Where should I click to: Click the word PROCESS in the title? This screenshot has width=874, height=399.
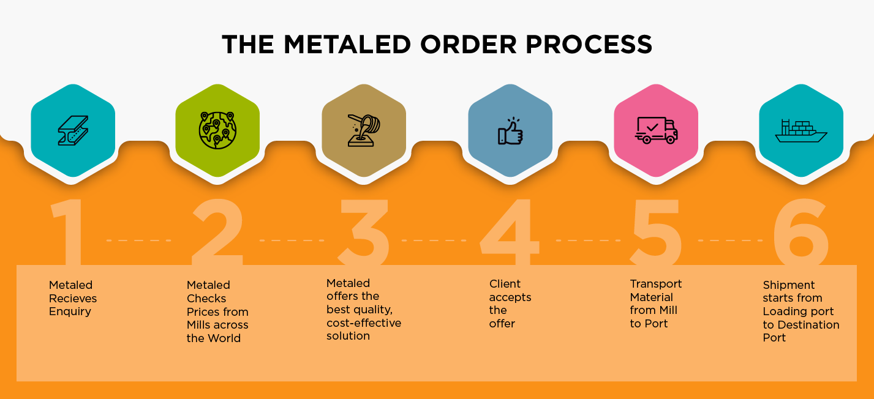point(589,45)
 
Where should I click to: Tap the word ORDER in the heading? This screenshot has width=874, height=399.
point(468,45)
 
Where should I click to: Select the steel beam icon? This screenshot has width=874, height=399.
point(73,131)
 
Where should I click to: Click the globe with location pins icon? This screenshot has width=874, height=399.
point(217,130)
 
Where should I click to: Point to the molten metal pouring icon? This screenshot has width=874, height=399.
point(364,131)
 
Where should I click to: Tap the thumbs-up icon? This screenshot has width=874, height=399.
point(510,131)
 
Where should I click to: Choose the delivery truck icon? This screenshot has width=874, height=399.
point(657,130)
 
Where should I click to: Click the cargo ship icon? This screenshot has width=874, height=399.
point(801,131)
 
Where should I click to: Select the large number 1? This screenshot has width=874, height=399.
point(68,232)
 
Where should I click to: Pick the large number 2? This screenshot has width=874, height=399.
point(217,232)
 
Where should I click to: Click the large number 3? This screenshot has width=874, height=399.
point(364,232)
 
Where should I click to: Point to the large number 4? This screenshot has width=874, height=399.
point(510,232)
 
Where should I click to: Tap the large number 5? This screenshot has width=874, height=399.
point(656,232)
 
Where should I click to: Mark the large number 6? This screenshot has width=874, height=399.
point(801,232)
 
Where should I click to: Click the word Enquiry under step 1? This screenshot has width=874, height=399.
point(70,311)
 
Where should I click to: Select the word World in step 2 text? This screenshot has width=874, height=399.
point(224,338)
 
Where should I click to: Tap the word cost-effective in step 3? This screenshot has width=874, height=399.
point(364,323)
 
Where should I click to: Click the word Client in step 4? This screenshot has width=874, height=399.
point(505,283)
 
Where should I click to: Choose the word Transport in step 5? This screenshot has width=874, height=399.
point(656,284)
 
